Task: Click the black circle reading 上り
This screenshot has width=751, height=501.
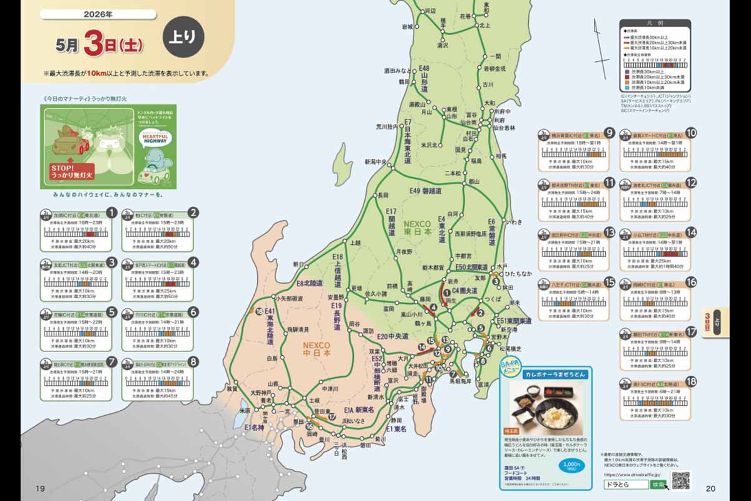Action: [x=183, y=36]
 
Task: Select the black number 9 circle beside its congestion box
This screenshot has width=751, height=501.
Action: [x=608, y=132]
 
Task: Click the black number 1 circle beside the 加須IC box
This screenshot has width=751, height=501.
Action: [x=111, y=212]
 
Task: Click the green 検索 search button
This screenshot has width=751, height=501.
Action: [x=658, y=484]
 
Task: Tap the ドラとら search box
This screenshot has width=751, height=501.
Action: [x=626, y=484]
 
